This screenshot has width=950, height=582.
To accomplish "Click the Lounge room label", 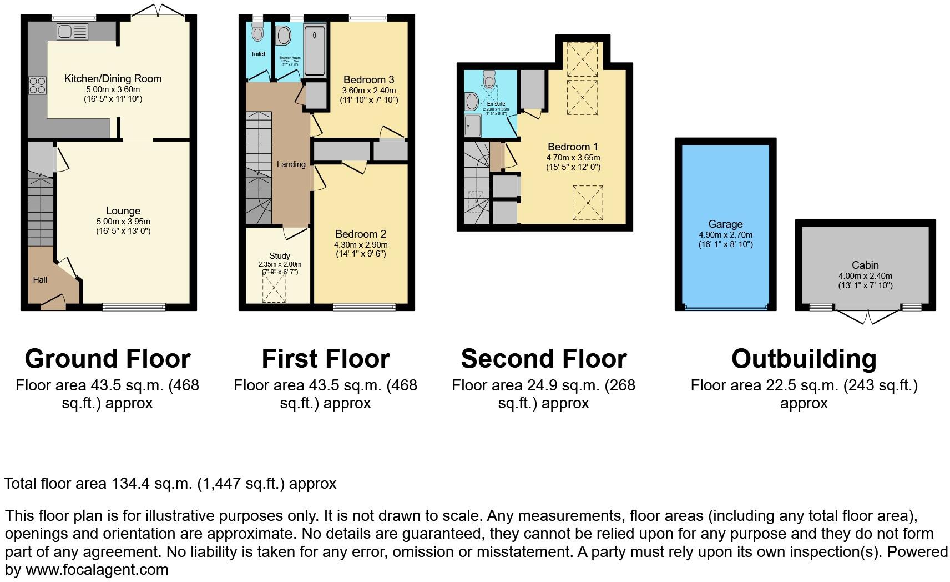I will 123,211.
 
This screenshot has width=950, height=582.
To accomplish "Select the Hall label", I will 40,280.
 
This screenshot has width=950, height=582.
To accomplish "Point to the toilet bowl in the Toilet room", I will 257,33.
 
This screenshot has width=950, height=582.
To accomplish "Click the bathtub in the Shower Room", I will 315,49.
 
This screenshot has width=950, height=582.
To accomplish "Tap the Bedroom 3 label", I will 368,79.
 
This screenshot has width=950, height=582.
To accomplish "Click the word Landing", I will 291,164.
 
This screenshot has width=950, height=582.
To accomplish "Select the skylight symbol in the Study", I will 274,289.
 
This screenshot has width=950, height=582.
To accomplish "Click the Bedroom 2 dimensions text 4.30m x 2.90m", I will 361,245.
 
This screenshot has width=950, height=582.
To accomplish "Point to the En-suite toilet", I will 489,81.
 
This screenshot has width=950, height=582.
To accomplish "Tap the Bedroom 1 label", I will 573,147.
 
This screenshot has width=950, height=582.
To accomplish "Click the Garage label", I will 725,224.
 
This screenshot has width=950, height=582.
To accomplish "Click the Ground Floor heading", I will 108,359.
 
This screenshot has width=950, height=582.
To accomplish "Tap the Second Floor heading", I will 544,359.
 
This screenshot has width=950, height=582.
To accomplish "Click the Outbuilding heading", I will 804,359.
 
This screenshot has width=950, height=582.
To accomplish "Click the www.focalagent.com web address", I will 97,570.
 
